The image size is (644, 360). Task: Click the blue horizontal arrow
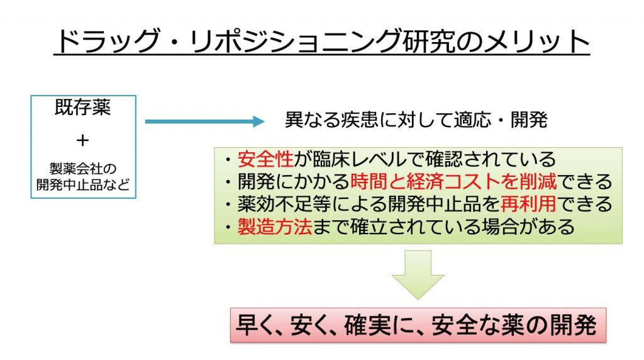coord(204,121)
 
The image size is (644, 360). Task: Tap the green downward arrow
coord(418,274)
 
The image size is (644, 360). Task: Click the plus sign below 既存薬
coord(82,140)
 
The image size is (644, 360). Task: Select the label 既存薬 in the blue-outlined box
coord(82,108)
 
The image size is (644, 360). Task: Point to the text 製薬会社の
coord(82,169)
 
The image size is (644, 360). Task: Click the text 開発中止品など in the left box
coord(82,184)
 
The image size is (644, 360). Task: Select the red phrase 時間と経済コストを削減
coord(453,181)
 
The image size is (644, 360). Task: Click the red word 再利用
coord(528,203)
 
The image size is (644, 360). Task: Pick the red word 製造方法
coord(275,226)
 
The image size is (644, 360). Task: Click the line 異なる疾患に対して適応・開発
coord(416,120)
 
